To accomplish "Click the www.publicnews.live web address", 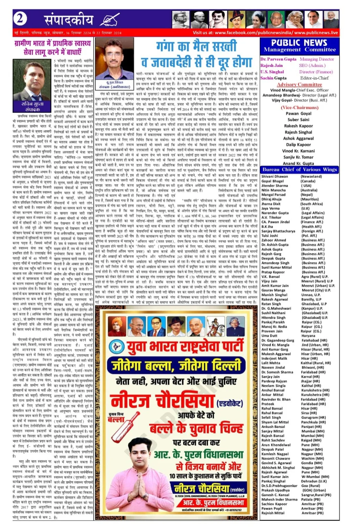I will point(316,33).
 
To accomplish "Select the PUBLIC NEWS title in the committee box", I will point(299,43).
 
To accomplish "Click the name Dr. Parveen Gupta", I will point(278,59).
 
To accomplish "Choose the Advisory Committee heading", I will point(299,85).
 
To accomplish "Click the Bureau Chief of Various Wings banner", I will point(299,170).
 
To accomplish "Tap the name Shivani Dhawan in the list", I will point(275,177).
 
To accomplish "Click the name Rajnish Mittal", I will point(273,513).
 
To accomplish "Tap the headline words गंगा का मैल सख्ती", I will point(196,47).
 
